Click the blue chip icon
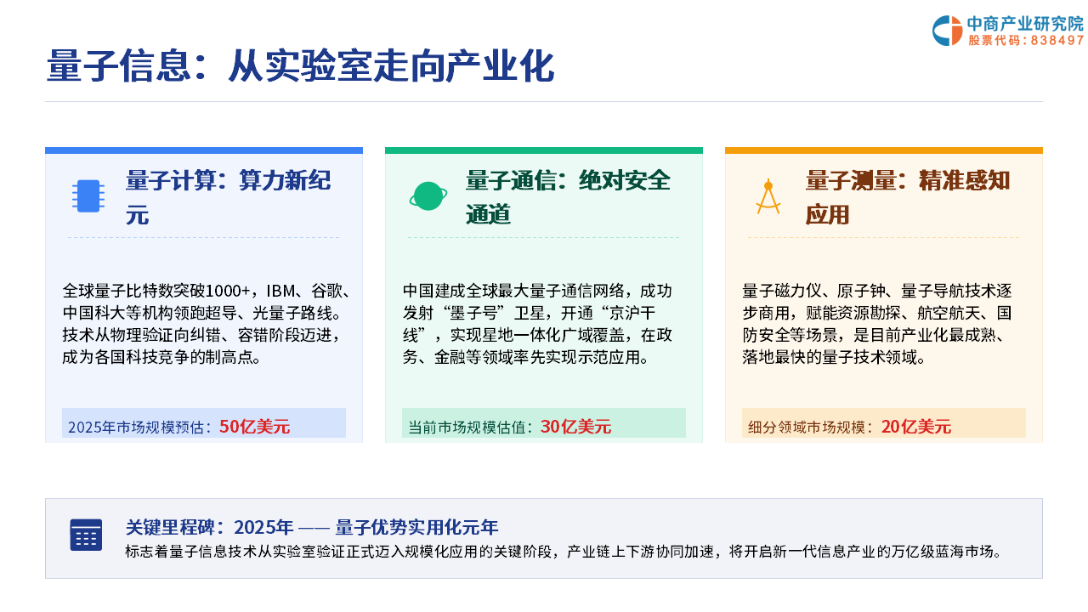tap(88, 196)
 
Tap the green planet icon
tap(428, 196)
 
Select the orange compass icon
tap(768, 196)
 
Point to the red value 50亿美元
tap(254, 427)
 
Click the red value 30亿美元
tap(575, 427)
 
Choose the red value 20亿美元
tap(916, 427)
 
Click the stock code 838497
tap(1057, 40)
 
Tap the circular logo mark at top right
tap(947, 31)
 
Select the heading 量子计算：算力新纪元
tap(229, 197)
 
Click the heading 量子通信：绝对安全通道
tap(568, 197)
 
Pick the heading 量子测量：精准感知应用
tap(908, 197)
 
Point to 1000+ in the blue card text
tap(228, 291)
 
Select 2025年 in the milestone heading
tap(263, 527)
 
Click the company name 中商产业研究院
tap(1025, 24)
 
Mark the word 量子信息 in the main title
tap(118, 66)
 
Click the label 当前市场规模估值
tap(467, 427)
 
